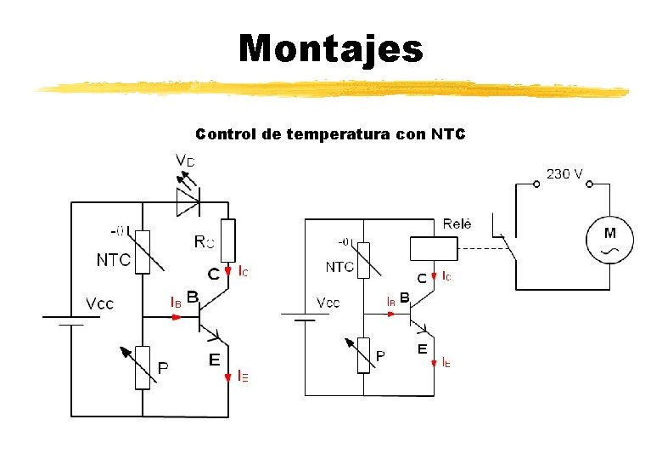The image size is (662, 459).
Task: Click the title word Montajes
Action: click(330, 48)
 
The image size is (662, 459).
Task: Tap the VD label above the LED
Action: click(185, 161)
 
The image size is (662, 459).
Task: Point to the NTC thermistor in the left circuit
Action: click(143, 252)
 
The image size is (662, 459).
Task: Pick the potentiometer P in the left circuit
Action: click(143, 366)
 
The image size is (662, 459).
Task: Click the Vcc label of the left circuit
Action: click(99, 303)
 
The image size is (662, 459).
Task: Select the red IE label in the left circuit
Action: click(243, 374)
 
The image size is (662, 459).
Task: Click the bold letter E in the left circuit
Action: click(215, 360)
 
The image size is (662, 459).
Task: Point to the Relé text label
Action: click(457, 224)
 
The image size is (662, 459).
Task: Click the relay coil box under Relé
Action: click(433, 248)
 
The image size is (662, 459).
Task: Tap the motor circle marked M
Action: click(609, 239)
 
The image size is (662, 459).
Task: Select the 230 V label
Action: click(564, 173)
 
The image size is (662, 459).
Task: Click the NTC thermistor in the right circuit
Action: click(363, 260)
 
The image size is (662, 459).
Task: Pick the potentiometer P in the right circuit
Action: click(363, 354)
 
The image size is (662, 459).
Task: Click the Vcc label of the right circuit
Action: click(328, 303)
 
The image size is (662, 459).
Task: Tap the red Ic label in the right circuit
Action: click(446, 275)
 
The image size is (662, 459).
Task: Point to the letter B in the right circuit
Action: click(404, 297)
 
